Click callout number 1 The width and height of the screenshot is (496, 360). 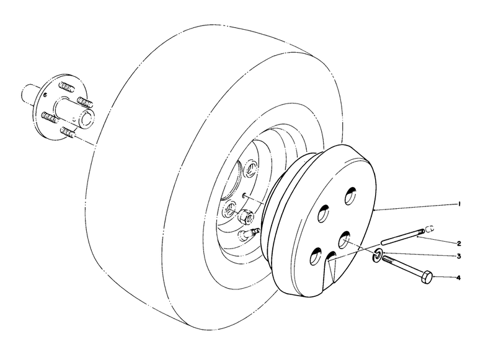pos(459,203)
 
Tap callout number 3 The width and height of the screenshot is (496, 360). pos(459,256)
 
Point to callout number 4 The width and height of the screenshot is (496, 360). pos(459,278)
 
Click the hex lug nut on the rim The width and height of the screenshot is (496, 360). pos(245,217)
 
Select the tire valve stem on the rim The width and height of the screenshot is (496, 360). pos(250,234)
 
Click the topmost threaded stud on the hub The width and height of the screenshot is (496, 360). pos(67,83)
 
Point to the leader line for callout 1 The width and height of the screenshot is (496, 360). pos(415,207)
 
